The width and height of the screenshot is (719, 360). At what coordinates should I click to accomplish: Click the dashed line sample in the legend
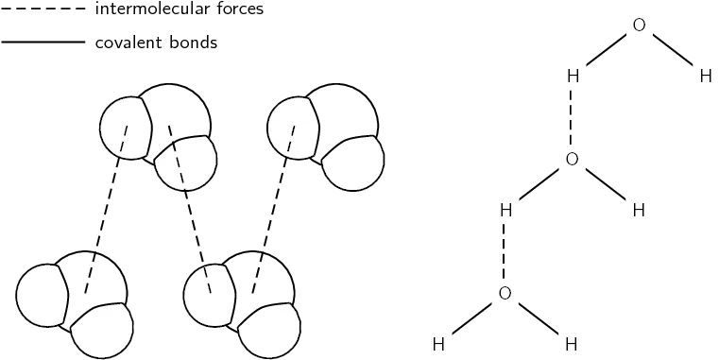pyautogui.click(x=43, y=9)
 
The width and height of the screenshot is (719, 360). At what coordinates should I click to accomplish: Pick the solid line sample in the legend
pyautogui.click(x=43, y=43)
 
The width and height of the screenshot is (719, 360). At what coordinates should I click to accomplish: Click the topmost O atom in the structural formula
pyautogui.click(x=639, y=26)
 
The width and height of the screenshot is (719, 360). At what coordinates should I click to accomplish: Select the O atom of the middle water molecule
pyautogui.click(x=572, y=159)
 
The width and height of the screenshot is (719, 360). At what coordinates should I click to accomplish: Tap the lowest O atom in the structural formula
pyautogui.click(x=505, y=293)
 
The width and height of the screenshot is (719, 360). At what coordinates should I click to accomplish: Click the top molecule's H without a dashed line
pyautogui.click(x=706, y=77)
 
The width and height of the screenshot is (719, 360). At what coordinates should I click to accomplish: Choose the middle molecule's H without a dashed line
pyautogui.click(x=639, y=210)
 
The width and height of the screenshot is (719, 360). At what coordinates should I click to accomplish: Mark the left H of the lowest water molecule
pyautogui.click(x=438, y=344)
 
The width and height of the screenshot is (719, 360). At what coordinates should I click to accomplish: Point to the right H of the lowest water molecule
pyautogui.click(x=572, y=344)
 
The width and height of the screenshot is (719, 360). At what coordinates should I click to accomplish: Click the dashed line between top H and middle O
pyautogui.click(x=572, y=117)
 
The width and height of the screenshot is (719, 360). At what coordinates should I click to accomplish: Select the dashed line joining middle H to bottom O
pyautogui.click(x=505, y=251)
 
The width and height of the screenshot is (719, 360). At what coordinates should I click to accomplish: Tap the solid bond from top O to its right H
pyautogui.click(x=673, y=51)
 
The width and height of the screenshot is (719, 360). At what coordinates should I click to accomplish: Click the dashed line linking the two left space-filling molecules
pyautogui.click(x=107, y=209)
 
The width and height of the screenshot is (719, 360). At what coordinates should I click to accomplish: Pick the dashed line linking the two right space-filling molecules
pyautogui.click(x=273, y=209)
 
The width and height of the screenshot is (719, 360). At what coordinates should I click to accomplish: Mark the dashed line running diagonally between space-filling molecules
pyautogui.click(x=190, y=209)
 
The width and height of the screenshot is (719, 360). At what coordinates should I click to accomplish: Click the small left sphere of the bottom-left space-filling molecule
pyautogui.click(x=42, y=295)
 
